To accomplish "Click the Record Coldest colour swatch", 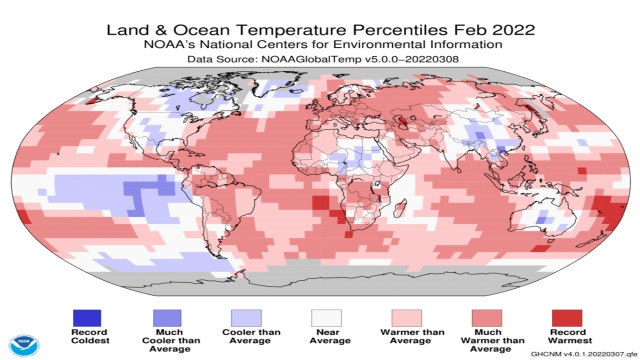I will (87, 318).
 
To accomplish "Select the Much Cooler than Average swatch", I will (167, 318).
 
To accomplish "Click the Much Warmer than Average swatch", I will (487, 318).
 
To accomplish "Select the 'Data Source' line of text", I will (319, 60).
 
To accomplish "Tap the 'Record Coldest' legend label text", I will (87, 340).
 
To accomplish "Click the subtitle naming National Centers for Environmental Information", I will (319, 44).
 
